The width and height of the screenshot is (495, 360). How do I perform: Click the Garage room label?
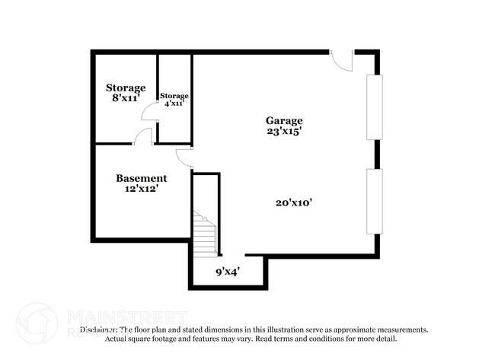pos(283,120)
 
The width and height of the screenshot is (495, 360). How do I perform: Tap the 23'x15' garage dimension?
pos(283,131)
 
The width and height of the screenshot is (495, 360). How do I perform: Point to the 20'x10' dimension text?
pos(295,202)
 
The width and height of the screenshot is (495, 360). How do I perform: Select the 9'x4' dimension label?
pos(228,270)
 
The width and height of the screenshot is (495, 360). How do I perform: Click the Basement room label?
pos(141,178)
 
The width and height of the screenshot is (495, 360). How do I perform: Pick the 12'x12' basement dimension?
pos(141,189)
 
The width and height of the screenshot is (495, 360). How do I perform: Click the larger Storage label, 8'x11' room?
pos(126,88)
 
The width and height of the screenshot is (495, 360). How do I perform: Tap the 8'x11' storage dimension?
pos(126,98)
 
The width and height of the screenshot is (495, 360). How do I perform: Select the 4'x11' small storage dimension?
pos(174,104)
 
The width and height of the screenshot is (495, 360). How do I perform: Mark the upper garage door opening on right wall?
pos(372,107)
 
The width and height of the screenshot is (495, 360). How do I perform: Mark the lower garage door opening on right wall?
pos(372,202)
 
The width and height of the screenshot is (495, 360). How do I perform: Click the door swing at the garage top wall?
pos(343,60)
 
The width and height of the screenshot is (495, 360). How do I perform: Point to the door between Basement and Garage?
pos(185,157)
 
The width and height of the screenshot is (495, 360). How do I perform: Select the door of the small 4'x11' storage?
pos(150,112)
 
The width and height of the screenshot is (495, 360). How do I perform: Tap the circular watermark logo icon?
pos(36,323)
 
